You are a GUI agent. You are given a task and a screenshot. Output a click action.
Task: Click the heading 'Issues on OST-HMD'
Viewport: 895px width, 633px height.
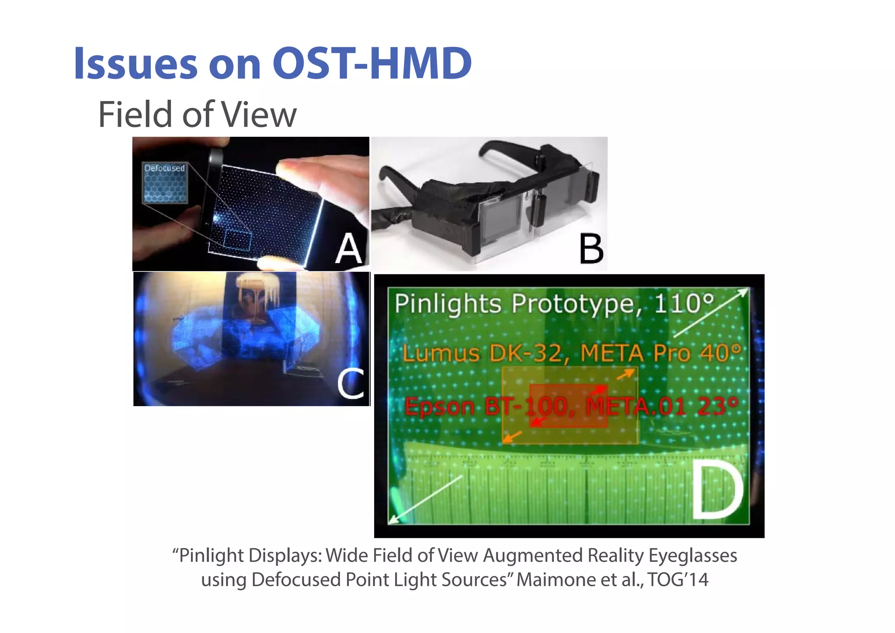point(273,64)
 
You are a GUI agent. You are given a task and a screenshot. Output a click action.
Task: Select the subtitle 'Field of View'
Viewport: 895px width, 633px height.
point(198,115)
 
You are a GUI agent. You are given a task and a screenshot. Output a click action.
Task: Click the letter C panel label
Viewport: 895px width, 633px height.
point(350,383)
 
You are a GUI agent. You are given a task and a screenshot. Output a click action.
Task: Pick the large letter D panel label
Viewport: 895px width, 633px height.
point(718,491)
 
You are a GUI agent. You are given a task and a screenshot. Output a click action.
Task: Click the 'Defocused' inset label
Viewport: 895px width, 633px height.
point(165,168)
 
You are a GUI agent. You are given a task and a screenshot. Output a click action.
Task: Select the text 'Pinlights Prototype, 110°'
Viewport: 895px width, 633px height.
point(554,303)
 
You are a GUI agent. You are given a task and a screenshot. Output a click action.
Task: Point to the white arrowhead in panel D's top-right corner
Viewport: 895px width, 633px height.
point(743,292)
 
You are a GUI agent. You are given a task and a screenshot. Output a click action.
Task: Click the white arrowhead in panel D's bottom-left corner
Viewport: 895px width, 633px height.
point(393,519)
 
